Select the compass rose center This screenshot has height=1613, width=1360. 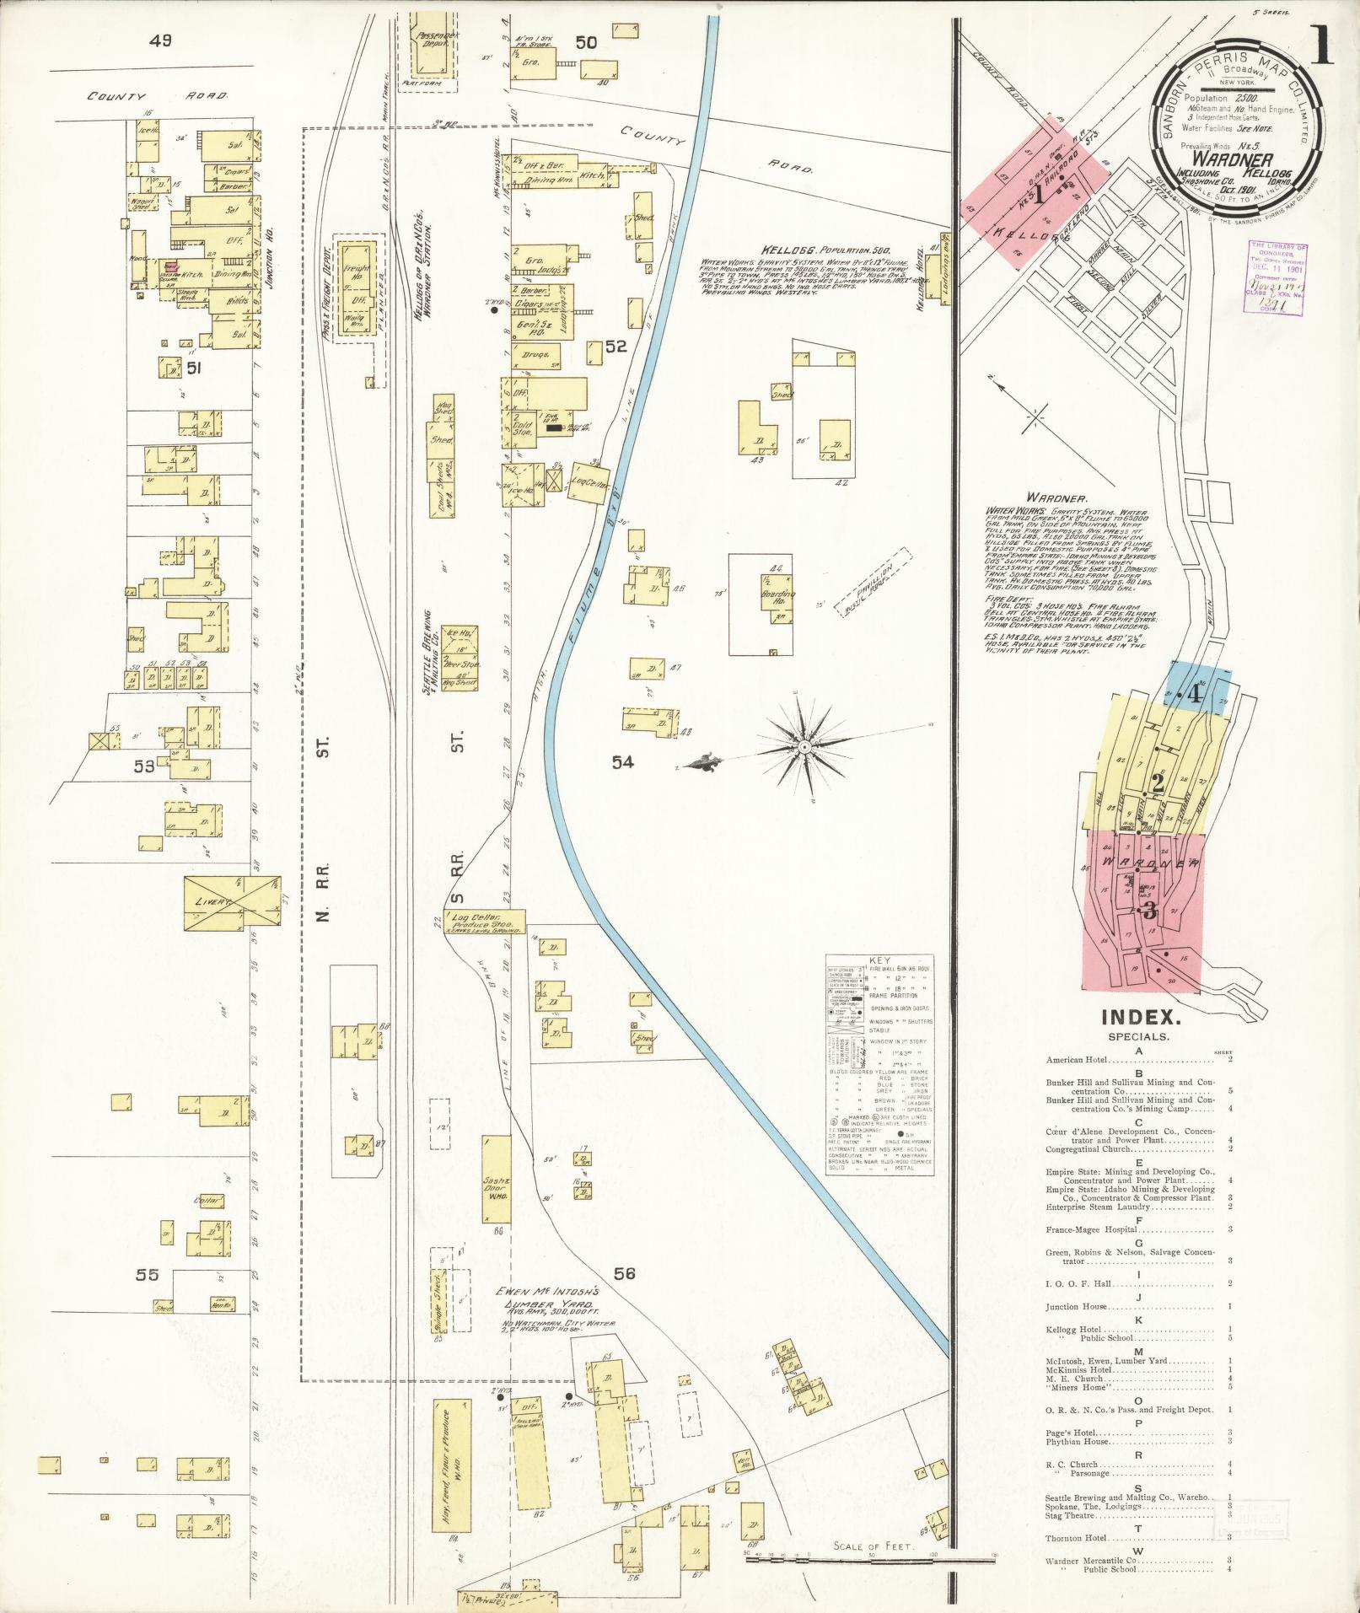[x=805, y=746]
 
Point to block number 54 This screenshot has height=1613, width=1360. [x=623, y=762]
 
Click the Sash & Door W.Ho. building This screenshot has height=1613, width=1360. [x=497, y=1178]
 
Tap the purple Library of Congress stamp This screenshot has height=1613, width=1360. [x=1275, y=279]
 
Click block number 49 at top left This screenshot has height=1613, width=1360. [x=159, y=40]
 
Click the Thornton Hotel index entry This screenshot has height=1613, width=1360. [x=1077, y=1538]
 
